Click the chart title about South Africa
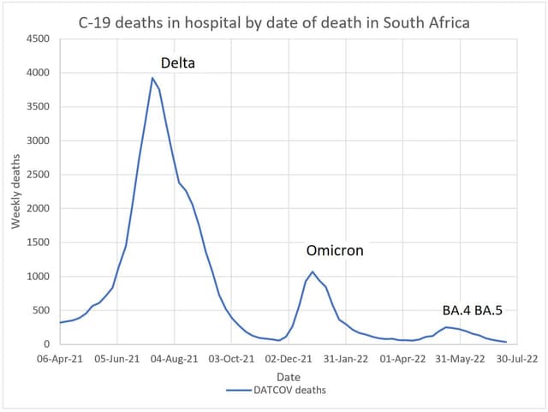tap(273, 21)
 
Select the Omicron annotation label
tap(335, 251)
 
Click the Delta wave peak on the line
tap(152, 78)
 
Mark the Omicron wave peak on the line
tap(313, 272)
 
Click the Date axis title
tap(289, 376)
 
